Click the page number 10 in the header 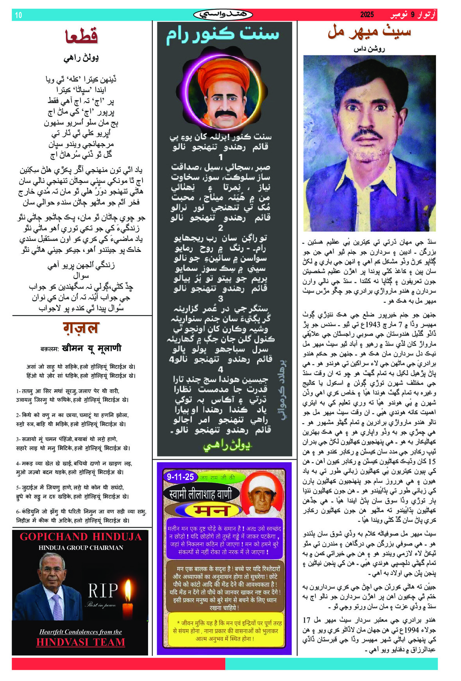coord(18,15)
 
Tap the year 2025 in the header coord(367,15)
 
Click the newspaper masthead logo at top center coord(223,15)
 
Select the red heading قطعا coord(81,36)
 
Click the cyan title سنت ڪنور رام coord(223,34)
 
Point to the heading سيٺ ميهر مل coord(369,32)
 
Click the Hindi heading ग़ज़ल coord(81,328)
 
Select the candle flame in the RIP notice coord(127,588)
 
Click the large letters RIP coord(103,591)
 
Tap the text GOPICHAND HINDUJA coord(81,537)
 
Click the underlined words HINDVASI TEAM coord(81,642)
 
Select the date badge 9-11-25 coord(180,477)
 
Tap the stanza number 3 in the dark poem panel coord(221,299)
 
